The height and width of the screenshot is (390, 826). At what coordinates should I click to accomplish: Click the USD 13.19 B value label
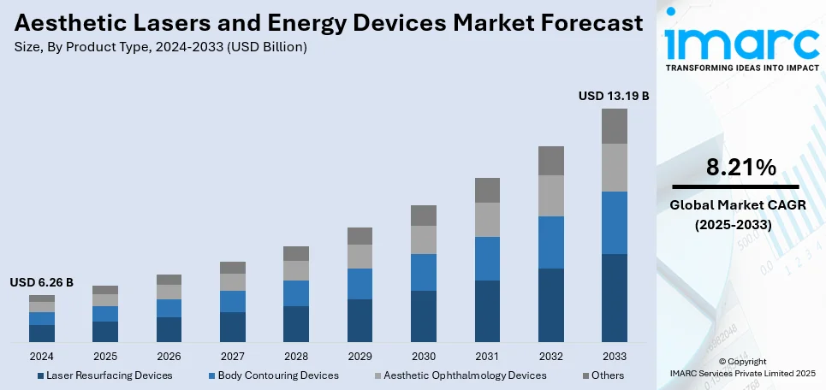(613, 97)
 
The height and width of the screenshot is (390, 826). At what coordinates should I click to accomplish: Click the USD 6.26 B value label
(42, 282)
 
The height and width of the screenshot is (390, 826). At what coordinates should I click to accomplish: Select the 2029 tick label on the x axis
(360, 356)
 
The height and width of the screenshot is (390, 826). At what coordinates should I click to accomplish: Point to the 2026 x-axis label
(169, 356)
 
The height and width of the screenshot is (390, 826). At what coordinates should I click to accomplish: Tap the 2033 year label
(614, 356)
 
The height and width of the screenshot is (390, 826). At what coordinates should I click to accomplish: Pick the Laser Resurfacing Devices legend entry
(110, 375)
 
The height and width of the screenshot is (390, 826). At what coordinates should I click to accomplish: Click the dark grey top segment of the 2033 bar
(614, 126)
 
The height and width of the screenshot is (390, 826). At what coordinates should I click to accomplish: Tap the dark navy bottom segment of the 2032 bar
(550, 305)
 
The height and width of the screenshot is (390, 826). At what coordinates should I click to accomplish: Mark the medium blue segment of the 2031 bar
(487, 258)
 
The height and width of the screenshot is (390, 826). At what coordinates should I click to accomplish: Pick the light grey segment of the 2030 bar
(424, 239)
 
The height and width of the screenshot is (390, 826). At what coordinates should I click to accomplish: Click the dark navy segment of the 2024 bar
(42, 334)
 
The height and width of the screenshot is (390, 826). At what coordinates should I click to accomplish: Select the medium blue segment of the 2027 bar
(233, 301)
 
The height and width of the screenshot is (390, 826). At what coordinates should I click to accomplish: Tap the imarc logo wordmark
(740, 42)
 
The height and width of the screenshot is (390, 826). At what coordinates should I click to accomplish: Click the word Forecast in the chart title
(585, 24)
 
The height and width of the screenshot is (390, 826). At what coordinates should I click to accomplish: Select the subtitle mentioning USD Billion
(160, 47)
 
